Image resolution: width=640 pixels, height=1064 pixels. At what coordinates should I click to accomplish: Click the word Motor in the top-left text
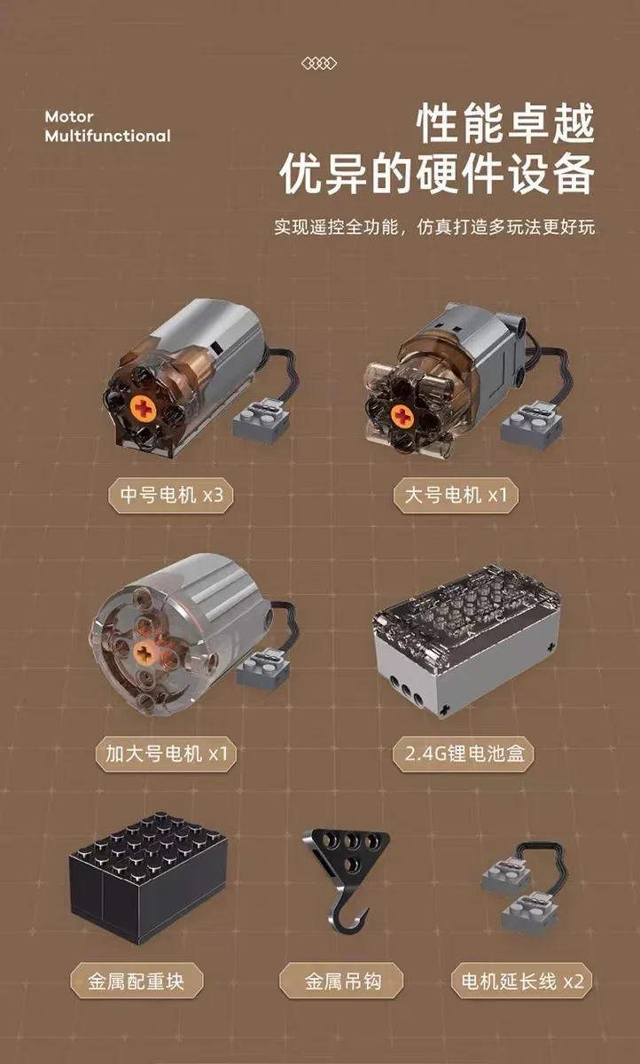[69, 116]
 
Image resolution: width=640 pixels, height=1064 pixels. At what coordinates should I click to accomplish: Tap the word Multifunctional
[108, 136]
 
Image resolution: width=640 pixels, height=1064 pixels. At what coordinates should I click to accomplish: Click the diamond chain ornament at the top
[319, 63]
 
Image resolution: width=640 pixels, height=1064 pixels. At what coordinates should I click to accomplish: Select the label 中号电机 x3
[171, 495]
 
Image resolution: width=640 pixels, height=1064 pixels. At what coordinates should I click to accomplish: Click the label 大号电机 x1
[456, 495]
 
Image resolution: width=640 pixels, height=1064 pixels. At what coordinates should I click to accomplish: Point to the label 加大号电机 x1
[166, 754]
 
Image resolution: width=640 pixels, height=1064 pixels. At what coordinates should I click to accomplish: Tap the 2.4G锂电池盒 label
[464, 754]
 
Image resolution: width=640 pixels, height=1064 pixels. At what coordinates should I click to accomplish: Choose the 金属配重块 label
[137, 981]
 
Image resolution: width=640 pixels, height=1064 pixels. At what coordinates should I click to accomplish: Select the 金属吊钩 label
[341, 981]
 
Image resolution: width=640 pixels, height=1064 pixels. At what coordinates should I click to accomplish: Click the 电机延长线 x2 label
[521, 981]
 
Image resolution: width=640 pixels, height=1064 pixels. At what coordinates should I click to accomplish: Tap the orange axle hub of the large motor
[402, 416]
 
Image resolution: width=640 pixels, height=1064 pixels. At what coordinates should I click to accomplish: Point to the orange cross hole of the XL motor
[144, 653]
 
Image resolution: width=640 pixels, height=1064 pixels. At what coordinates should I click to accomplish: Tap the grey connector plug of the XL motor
[262, 669]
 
